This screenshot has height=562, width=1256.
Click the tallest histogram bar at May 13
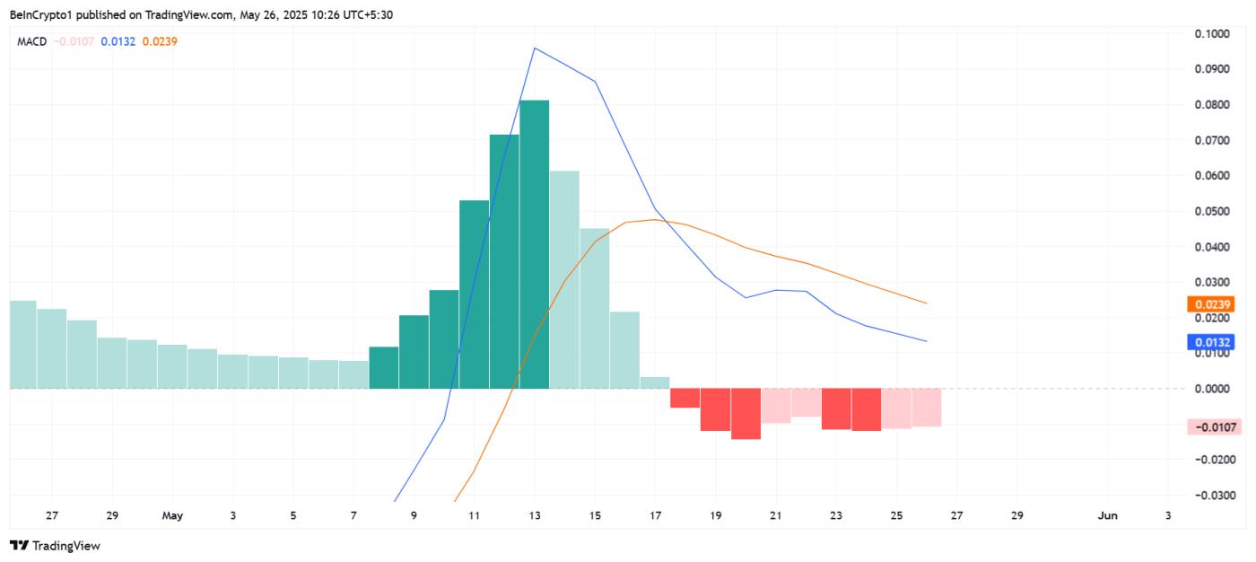(x=534, y=244)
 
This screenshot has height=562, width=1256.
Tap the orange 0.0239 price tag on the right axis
(x=1209, y=304)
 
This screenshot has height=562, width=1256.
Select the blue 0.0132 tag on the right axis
(x=1209, y=342)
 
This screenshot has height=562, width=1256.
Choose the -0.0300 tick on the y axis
(x=1214, y=495)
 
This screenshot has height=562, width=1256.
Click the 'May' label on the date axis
(x=172, y=516)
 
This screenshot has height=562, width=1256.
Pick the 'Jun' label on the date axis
(x=1108, y=516)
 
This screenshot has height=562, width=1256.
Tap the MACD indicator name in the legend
(x=33, y=41)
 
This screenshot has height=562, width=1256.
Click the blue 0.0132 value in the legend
(x=118, y=41)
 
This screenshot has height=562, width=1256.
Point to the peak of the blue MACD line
(x=535, y=48)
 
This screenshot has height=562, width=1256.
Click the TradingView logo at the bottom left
(x=56, y=545)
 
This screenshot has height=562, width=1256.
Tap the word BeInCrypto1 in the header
(x=40, y=14)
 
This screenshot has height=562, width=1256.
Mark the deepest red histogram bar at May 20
(x=746, y=414)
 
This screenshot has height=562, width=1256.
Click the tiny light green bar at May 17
(x=655, y=383)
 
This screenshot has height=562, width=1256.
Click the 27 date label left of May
(x=52, y=516)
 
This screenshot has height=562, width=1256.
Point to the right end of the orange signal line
(x=926, y=303)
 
